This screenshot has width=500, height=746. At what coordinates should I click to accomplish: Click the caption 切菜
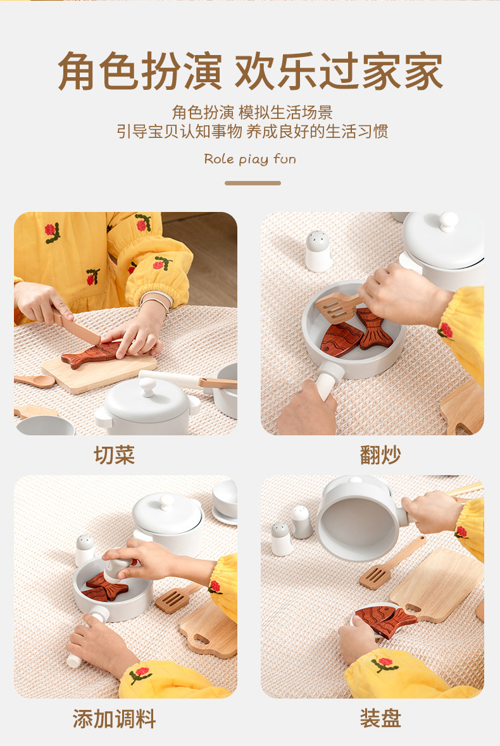(115, 455)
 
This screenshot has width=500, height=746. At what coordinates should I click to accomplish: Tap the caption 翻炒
(380, 455)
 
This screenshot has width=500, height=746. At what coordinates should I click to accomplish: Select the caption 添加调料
(114, 718)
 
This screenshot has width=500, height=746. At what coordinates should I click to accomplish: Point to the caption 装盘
(380, 718)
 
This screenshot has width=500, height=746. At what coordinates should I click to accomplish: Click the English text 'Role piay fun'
(250, 159)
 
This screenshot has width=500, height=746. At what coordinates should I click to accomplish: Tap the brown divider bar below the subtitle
(253, 183)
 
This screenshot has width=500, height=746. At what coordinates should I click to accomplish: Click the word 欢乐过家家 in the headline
(339, 71)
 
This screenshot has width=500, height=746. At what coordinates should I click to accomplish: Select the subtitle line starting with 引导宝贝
(252, 132)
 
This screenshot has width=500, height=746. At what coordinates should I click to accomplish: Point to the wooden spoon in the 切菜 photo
(34, 380)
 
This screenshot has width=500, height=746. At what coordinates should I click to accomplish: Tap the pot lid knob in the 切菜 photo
(147, 386)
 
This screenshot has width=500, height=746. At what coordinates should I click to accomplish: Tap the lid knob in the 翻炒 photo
(448, 221)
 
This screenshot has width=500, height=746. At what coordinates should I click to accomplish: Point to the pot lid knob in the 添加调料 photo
(166, 502)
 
